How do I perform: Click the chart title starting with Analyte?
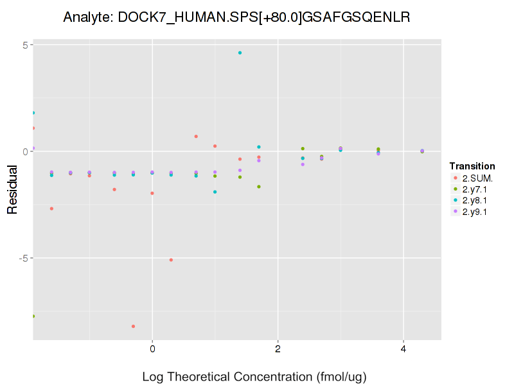coord(236,17)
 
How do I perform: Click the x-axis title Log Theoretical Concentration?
coord(254,376)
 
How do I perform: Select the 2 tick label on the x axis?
coord(278,348)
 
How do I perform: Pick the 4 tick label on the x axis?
coord(403,348)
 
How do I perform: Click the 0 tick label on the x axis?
coord(152,348)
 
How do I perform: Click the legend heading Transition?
coord(472,166)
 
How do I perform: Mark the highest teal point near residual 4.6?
coord(240,53)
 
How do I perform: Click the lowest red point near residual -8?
coord(133,326)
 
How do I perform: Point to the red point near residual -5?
coord(171,260)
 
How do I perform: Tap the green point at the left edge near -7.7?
coord(33,316)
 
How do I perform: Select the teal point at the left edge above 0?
coord(33,113)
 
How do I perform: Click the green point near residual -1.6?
coord(259,187)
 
